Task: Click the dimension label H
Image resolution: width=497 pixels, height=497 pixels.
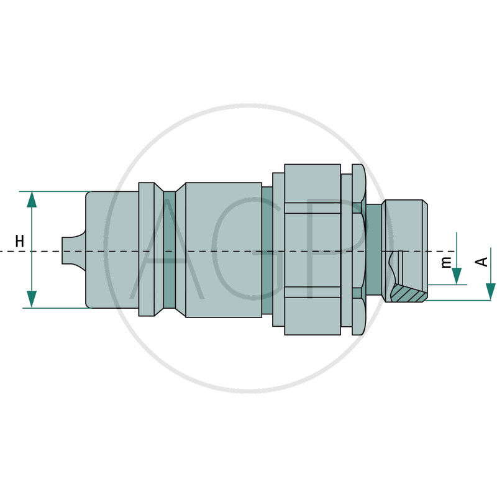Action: tap(20, 241)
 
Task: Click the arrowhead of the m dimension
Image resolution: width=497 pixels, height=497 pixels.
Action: tap(457, 276)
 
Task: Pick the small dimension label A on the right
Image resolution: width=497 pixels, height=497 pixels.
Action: tap(481, 262)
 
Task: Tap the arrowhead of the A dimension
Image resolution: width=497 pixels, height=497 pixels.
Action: tap(490, 291)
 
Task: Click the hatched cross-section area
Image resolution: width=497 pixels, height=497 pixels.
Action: tap(411, 293)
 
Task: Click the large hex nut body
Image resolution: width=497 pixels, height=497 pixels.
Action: tap(312, 248)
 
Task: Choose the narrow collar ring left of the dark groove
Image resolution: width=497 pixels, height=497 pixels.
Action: tap(147, 248)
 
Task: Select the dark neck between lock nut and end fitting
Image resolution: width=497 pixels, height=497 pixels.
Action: tap(374, 248)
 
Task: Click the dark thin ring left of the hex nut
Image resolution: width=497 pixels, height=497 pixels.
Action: tap(267, 248)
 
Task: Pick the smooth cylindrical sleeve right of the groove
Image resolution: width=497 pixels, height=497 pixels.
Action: tap(224, 248)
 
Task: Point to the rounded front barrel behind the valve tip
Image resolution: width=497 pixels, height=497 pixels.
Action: tap(112, 248)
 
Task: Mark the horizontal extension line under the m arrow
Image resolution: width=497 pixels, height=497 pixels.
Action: tap(447, 285)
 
